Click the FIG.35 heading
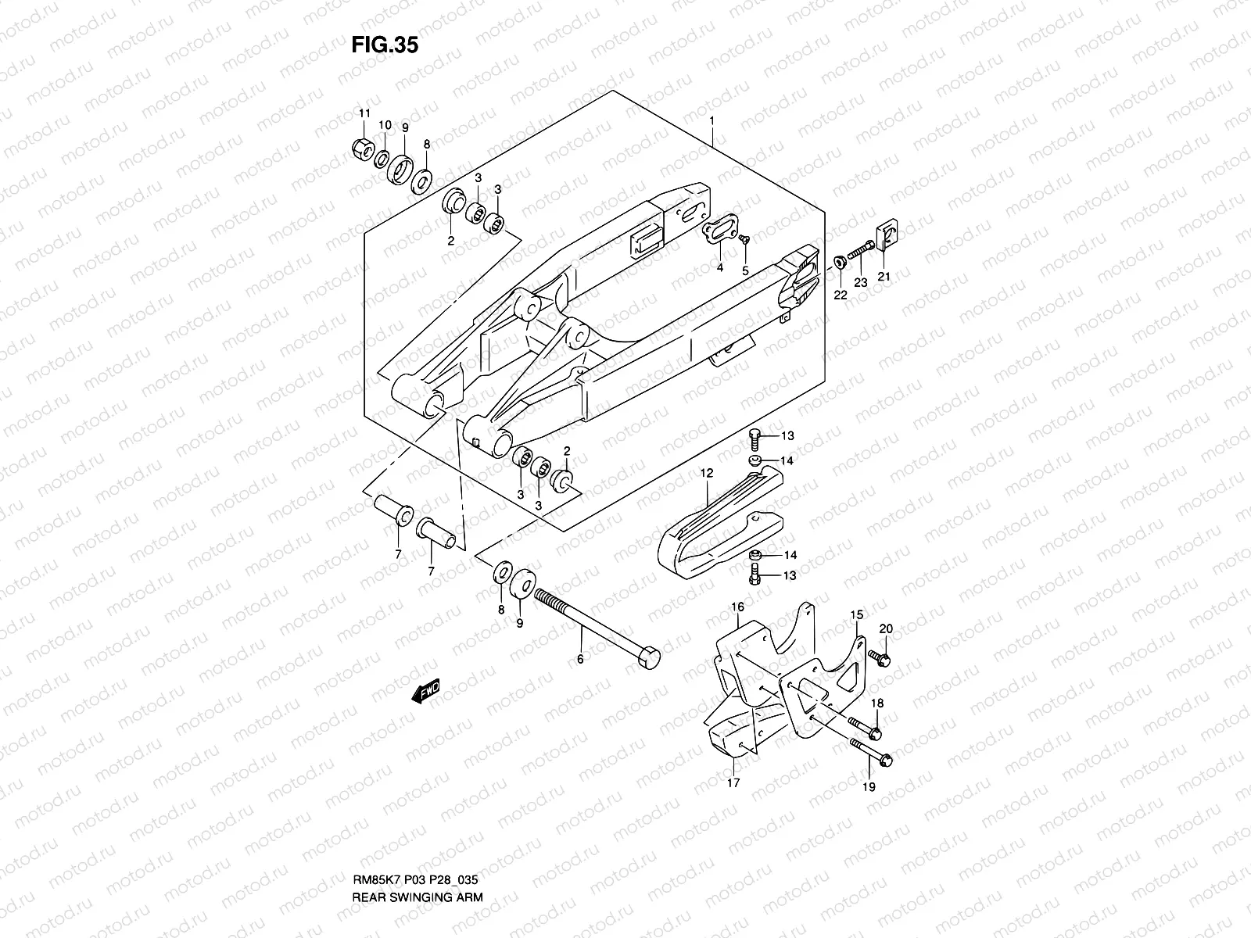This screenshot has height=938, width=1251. pyautogui.click(x=384, y=45)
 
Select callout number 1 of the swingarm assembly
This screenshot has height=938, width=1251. pyautogui.click(x=712, y=121)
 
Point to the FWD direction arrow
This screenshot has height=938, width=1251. pyautogui.click(x=428, y=693)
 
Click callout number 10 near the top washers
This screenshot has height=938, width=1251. pyautogui.click(x=385, y=126)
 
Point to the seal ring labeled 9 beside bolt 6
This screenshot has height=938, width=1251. pyautogui.click(x=522, y=585)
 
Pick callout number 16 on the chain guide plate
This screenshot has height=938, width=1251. pyautogui.click(x=737, y=607)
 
